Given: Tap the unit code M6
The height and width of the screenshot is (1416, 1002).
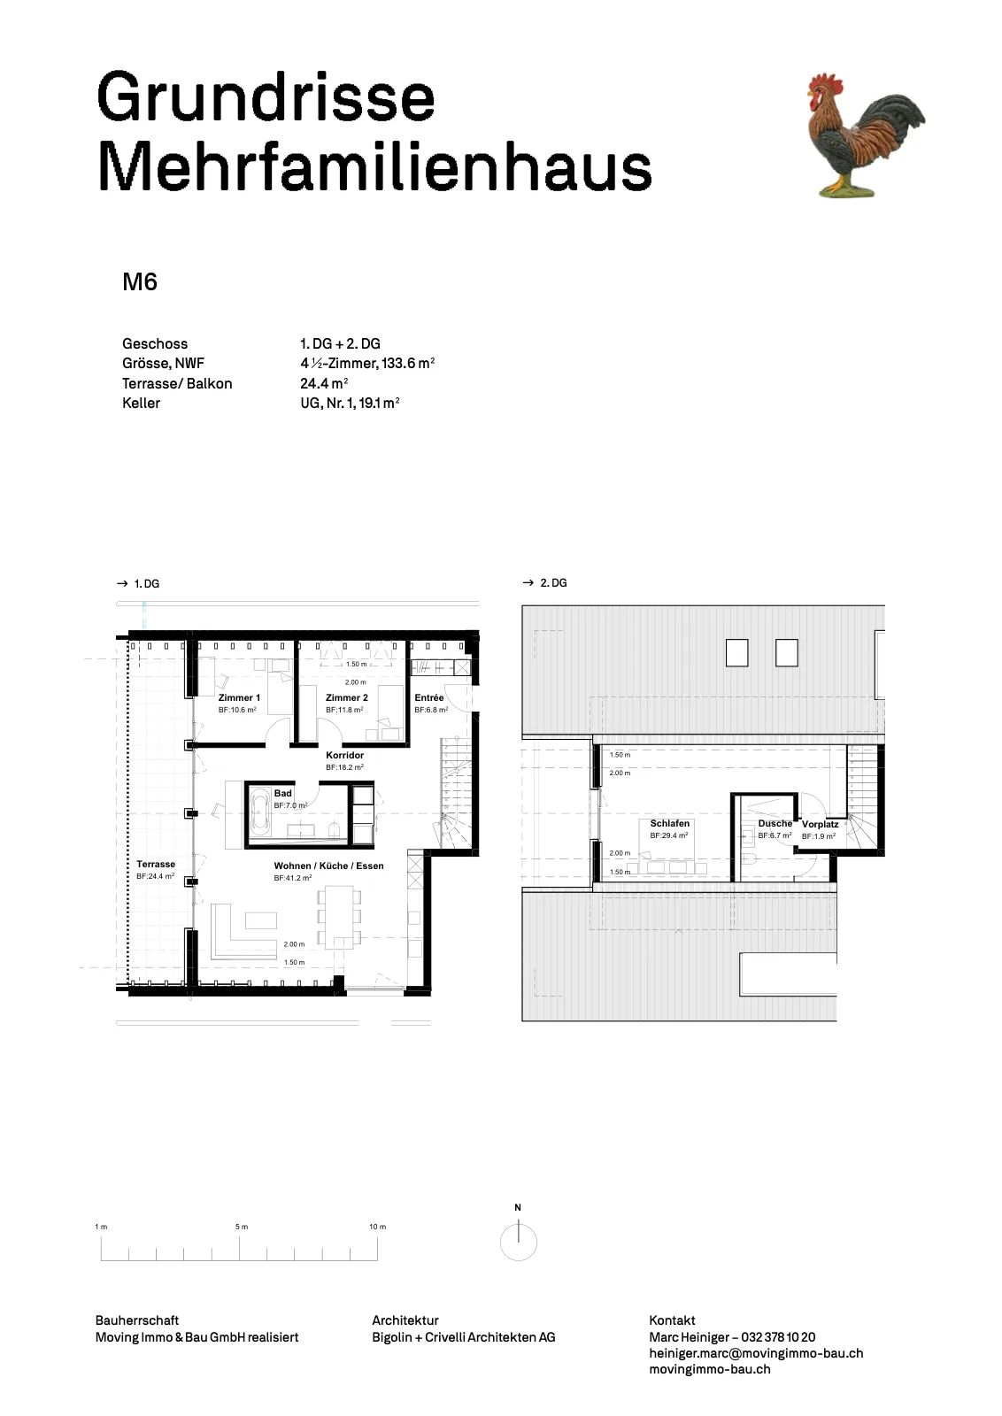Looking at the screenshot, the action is coord(140,282).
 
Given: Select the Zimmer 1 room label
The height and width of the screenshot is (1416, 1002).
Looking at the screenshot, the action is coord(239,698).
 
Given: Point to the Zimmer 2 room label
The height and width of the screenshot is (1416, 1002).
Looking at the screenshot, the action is coord(346,698).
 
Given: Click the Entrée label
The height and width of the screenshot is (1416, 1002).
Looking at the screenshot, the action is coord(429,698).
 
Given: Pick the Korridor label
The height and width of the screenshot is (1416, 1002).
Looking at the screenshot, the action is coord(344,756).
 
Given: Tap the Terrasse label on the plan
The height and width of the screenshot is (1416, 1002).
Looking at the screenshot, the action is coord(156,864).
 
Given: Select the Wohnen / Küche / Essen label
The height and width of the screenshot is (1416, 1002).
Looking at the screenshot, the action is coord(328,866).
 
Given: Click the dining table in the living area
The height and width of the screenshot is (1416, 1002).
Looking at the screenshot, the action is coord(340,917).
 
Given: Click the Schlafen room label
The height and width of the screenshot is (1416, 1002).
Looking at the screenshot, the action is coord(669,824).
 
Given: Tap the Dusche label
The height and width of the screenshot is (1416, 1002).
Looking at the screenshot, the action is coord(775,824).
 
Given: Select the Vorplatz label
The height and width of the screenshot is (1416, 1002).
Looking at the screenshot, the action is coord(820,824).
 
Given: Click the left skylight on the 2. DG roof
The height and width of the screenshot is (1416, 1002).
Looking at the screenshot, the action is coord(737,653).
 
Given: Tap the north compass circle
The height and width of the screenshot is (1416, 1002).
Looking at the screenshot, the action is coord(519,1243).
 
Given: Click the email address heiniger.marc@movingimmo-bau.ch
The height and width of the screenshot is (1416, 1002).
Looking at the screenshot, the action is coord(756,1353).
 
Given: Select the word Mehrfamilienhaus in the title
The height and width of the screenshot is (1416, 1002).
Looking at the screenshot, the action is coord(374,167).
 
